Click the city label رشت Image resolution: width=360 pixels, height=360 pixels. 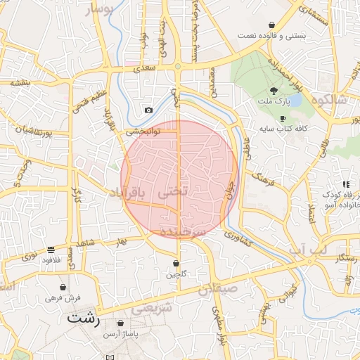coord(84,318)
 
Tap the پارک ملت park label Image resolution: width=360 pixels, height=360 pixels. coord(274,104)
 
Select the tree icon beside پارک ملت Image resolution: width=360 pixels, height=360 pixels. coord(274,91)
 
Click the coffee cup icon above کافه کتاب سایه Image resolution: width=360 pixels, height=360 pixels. coord(283,119)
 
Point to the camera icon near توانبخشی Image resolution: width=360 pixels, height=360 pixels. coord(148,110)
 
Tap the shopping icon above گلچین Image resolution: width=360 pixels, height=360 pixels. coord(175,263)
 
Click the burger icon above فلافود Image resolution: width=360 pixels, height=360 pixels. coord(51,249)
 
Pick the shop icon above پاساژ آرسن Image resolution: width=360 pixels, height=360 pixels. coord(121,323)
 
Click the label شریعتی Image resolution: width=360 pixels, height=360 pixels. coord(152,307)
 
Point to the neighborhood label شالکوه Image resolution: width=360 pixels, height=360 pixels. coord(333,99)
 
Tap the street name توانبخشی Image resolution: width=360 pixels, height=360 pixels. coord(143,131)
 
